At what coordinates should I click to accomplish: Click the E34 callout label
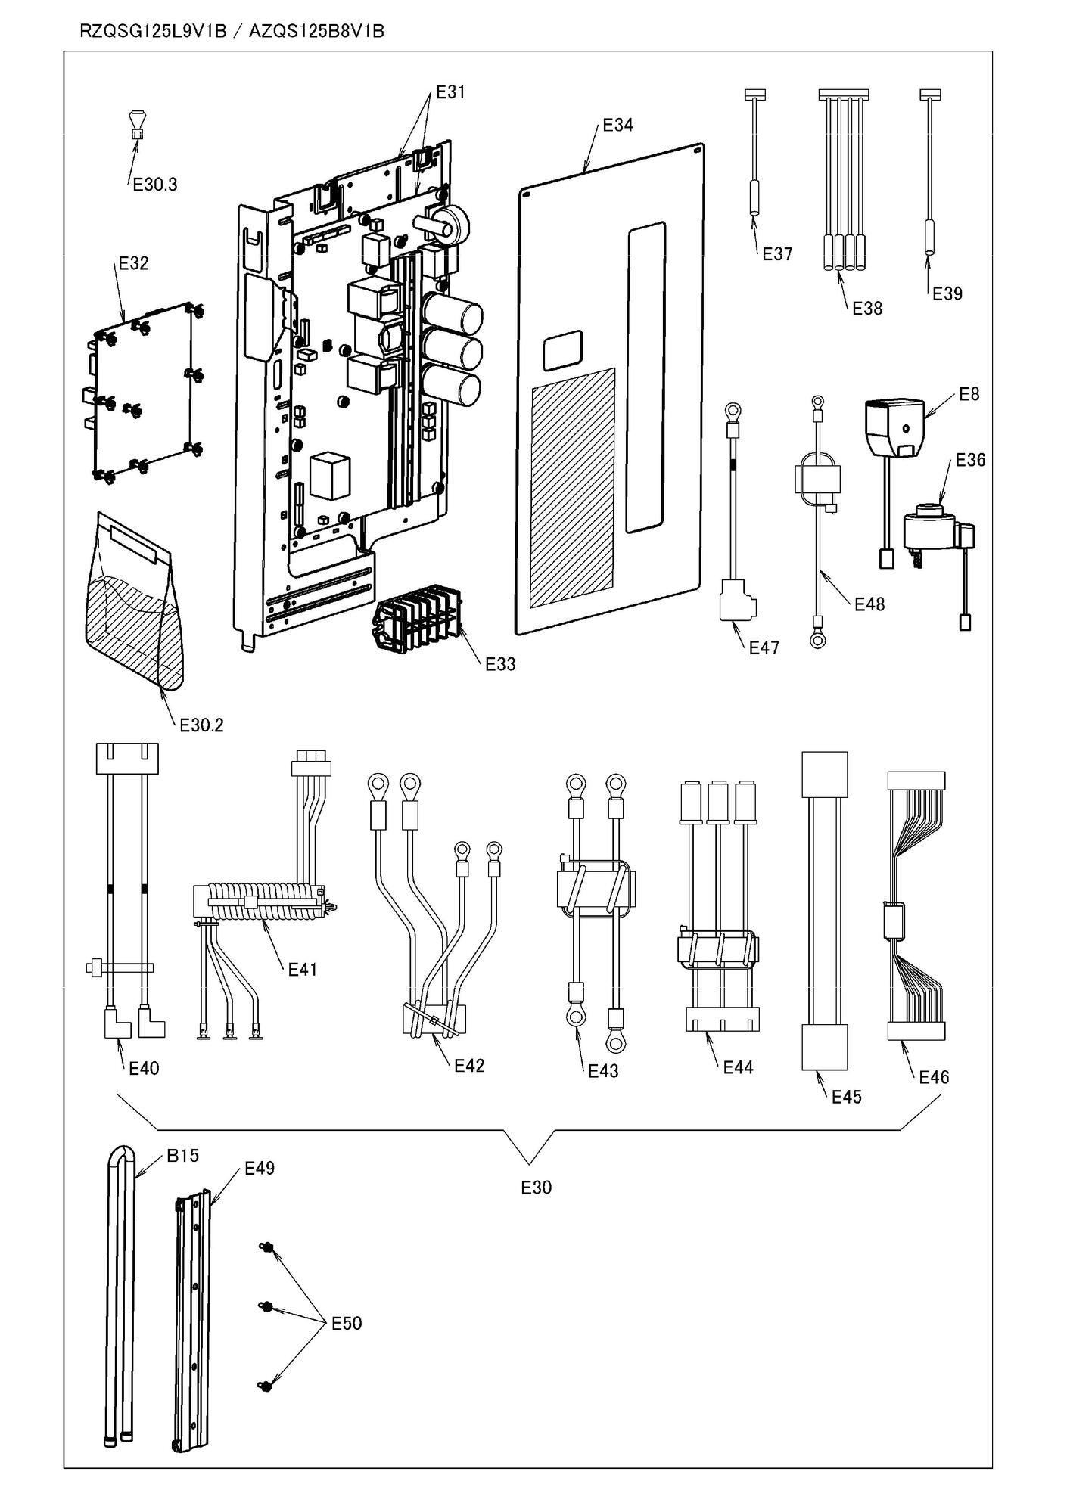point(617,126)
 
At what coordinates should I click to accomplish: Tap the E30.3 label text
point(155,185)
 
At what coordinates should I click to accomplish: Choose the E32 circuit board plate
point(144,393)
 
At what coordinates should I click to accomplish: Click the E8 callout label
point(969,394)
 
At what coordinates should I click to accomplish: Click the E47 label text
point(764,647)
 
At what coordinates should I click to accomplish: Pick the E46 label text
point(934,1077)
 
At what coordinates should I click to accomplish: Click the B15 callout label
point(182,1156)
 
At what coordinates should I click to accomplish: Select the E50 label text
point(347,1324)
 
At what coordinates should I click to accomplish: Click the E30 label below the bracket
point(536,1188)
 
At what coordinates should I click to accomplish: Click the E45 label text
point(846,1097)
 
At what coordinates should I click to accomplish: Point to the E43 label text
point(603,1071)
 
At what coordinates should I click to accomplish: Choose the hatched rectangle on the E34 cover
point(573,488)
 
